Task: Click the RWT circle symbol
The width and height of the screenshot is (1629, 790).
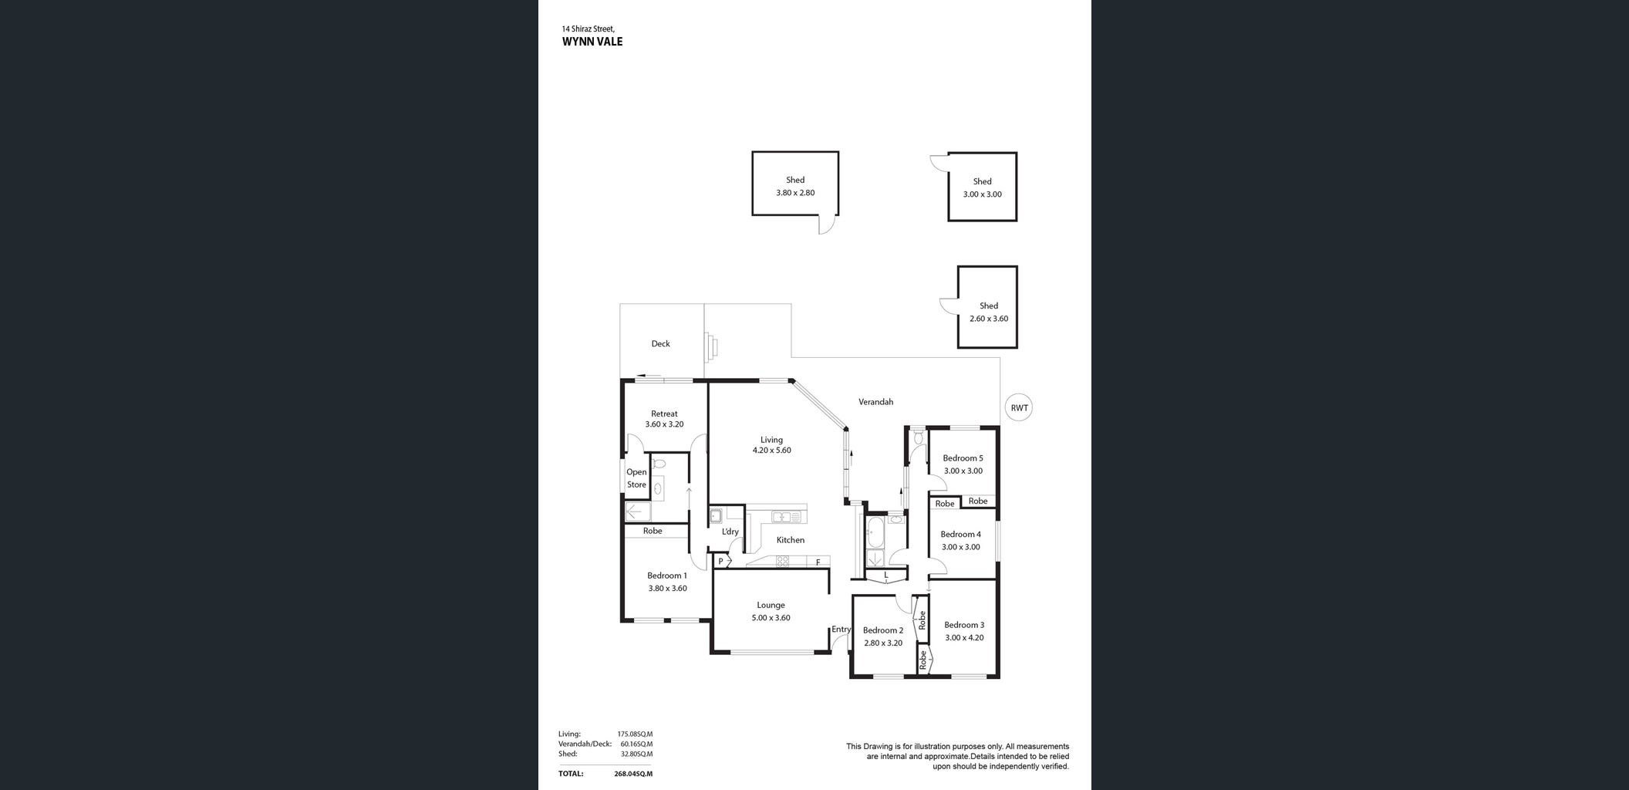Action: [1019, 407]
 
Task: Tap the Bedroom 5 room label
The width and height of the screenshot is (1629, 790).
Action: [963, 458]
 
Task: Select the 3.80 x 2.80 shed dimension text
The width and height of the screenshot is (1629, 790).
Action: [795, 193]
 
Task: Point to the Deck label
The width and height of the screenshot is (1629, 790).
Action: [660, 344]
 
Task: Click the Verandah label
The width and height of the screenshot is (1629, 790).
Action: [876, 402]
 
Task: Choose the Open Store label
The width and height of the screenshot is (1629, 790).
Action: [636, 478]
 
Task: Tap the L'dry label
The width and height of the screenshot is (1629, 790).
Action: [730, 532]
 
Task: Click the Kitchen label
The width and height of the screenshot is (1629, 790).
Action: [791, 540]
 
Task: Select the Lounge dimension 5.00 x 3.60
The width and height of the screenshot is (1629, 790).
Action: [771, 618]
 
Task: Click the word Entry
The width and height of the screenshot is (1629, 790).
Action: [841, 630]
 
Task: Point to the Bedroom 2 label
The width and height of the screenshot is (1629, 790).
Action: [883, 630]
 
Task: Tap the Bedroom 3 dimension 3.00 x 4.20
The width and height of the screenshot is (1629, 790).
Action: [964, 638]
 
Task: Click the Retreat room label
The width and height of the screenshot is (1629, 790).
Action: [664, 414]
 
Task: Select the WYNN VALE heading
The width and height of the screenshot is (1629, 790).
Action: [592, 42]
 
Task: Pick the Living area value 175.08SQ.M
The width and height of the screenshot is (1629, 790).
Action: [635, 734]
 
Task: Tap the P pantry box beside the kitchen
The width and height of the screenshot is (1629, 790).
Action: [721, 562]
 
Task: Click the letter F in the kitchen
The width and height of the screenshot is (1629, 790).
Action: [818, 562]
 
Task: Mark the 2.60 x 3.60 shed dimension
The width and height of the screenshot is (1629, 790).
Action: [989, 319]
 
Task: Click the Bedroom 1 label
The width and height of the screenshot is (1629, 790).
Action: [667, 576]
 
